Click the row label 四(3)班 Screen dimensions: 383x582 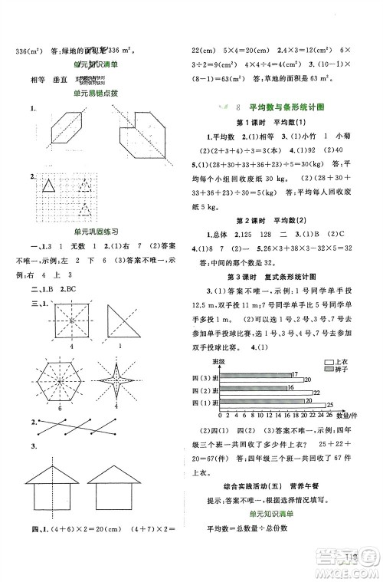tap(205, 376)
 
